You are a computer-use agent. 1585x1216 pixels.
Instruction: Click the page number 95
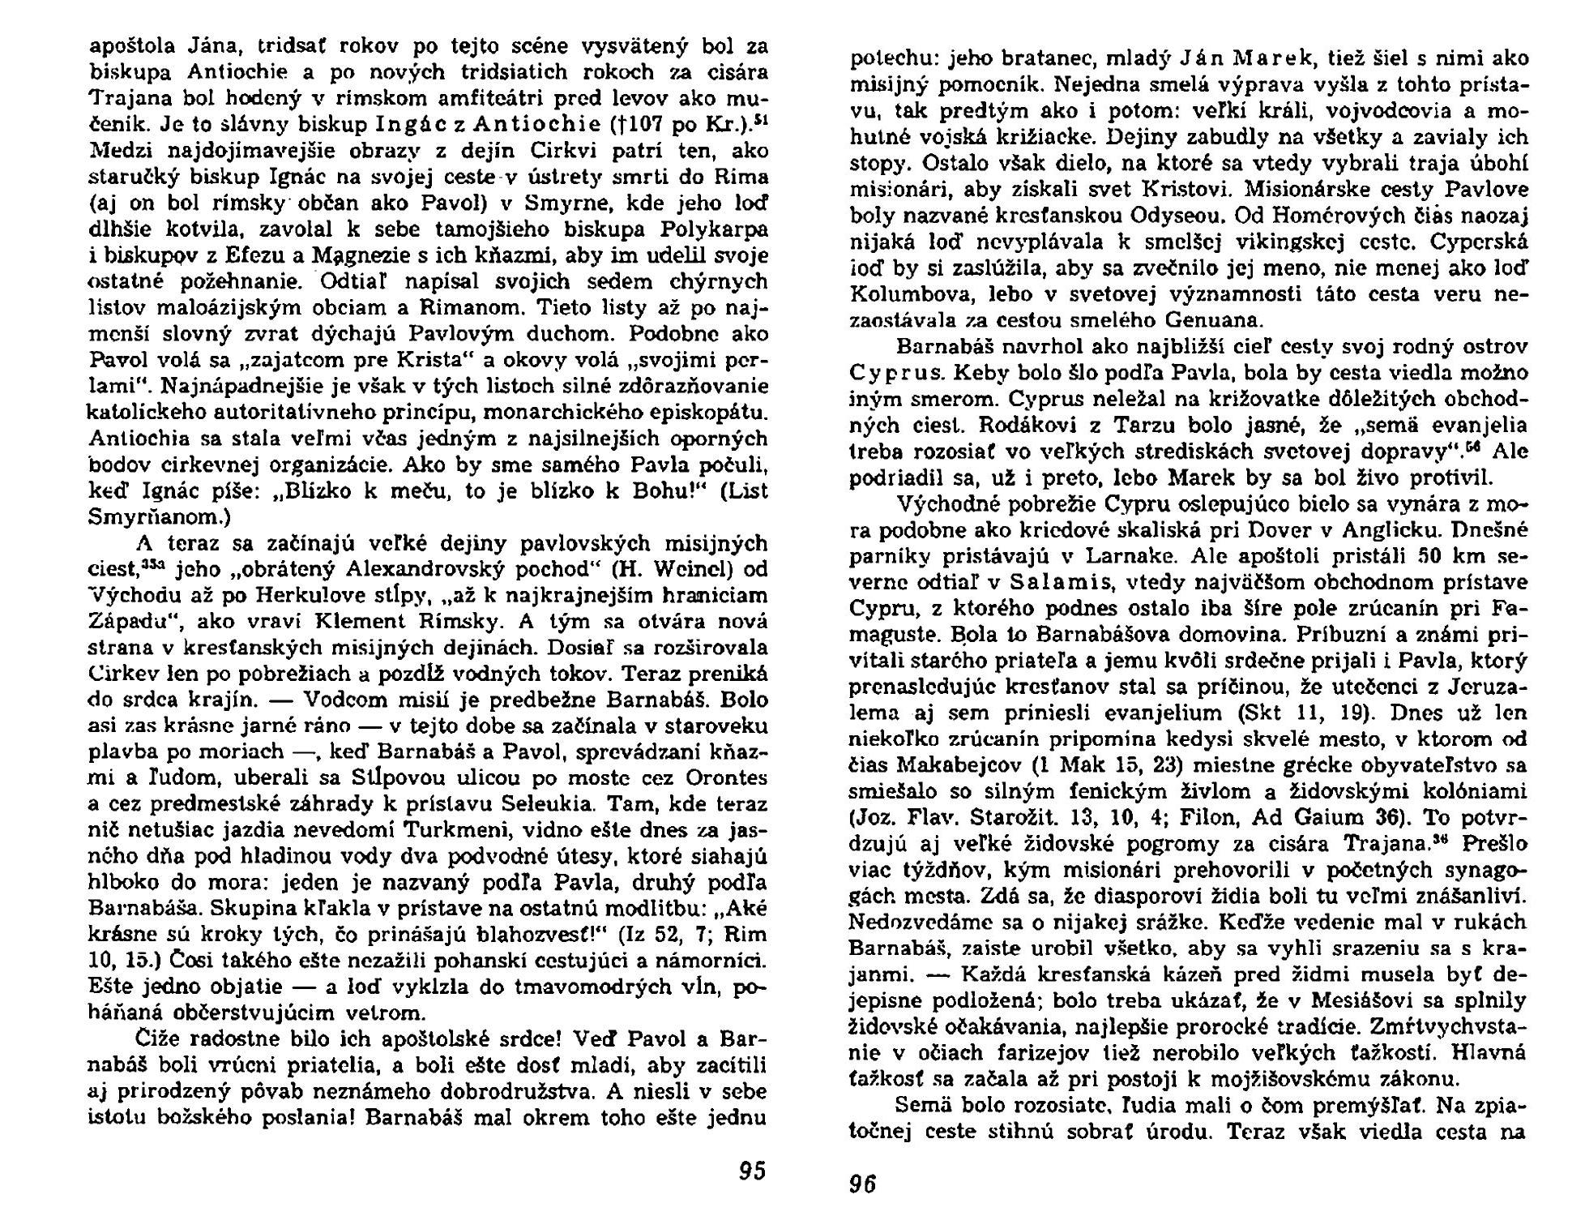tap(752, 1171)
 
